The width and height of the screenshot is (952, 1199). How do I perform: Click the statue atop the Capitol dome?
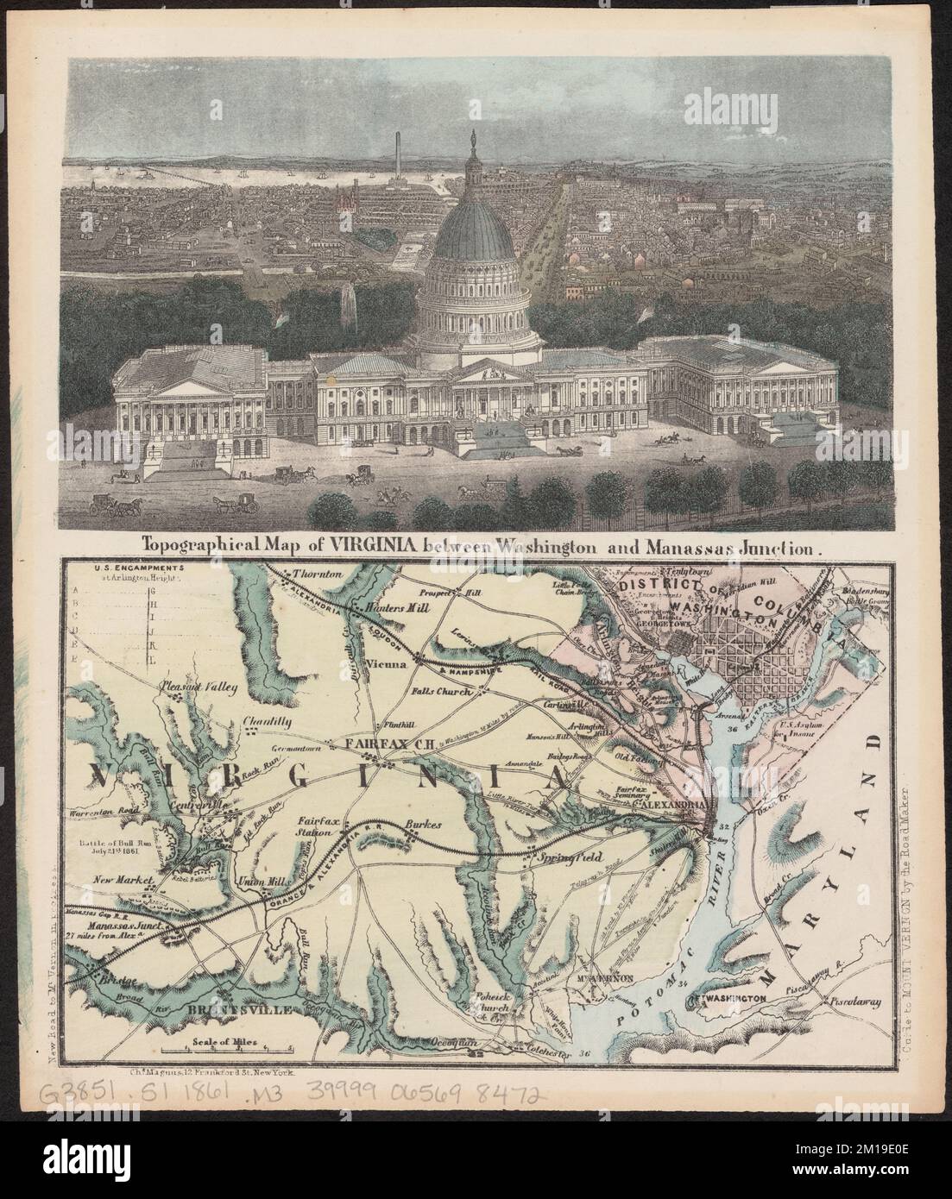tap(473, 139)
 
